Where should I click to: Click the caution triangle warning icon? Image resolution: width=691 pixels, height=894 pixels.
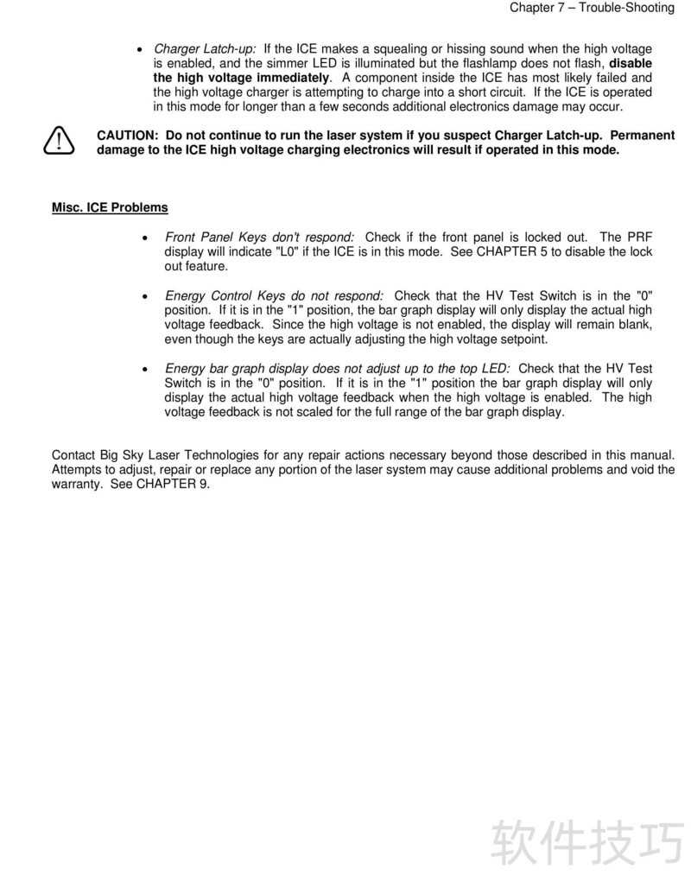(x=59, y=140)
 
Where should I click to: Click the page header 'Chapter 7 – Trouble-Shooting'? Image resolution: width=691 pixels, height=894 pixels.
(x=592, y=8)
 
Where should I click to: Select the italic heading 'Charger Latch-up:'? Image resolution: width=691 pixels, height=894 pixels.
(x=205, y=49)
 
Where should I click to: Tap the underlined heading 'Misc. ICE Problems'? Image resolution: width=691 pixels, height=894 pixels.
(x=110, y=208)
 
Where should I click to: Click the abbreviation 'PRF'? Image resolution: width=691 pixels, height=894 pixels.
(x=639, y=238)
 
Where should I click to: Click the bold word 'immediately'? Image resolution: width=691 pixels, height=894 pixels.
(x=294, y=79)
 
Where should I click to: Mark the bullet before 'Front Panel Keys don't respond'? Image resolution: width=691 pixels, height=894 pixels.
(x=144, y=238)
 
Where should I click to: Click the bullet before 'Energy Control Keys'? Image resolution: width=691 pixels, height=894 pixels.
(x=144, y=296)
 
